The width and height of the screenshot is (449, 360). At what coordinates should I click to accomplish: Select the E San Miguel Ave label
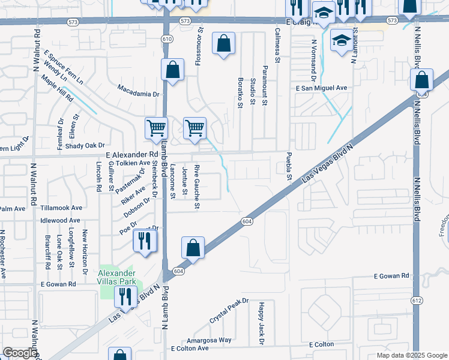pos(321,88)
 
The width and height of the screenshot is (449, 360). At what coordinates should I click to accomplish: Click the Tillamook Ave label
pos(61,208)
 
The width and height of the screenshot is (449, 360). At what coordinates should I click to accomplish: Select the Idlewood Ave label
pos(61,220)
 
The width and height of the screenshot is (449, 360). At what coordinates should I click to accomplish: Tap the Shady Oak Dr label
pos(85,145)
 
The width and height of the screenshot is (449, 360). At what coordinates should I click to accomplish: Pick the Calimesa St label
pos(277,45)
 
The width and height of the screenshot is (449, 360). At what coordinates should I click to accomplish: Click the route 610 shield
pos(167,39)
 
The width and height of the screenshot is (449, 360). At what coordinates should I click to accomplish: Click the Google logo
pos(20,353)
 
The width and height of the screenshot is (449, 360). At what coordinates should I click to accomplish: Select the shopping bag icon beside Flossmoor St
pos(223,44)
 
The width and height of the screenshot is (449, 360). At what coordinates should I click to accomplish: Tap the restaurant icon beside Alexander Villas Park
pos(125,296)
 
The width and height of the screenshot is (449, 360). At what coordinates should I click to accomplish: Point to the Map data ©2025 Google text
pos(411,355)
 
